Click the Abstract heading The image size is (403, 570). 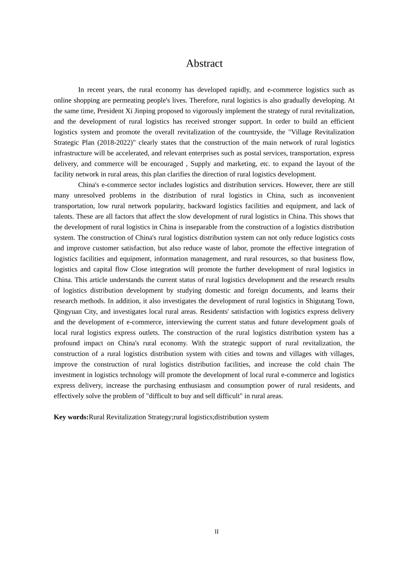pyautogui.click(x=204, y=64)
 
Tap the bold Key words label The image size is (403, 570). pyautogui.click(x=71, y=417)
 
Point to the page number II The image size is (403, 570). pyautogui.click(x=216, y=531)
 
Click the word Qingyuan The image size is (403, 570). pyautogui.click(x=66, y=312)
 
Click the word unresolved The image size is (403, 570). pyautogui.click(x=90, y=196)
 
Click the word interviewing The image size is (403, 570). pyautogui.click(x=184, y=322)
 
